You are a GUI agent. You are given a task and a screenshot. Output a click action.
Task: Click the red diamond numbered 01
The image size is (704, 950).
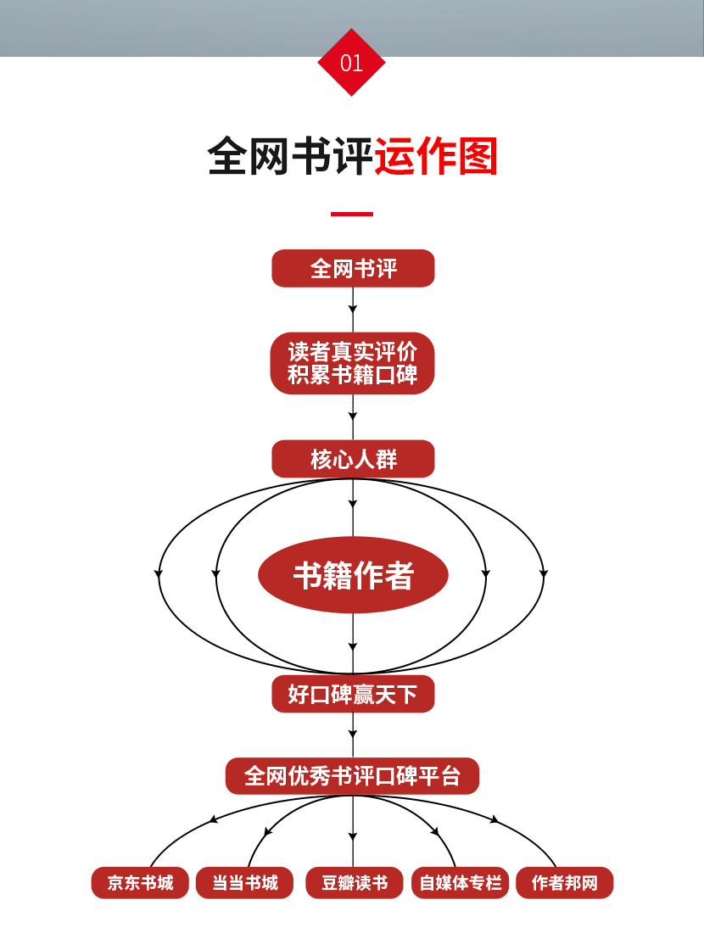(x=351, y=63)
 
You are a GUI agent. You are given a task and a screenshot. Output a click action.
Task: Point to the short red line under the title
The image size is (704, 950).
(x=351, y=214)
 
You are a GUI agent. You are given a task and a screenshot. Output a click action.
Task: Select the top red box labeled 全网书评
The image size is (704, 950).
(x=353, y=269)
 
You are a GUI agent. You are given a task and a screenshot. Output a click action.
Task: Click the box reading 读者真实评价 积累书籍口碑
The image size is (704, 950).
(x=353, y=363)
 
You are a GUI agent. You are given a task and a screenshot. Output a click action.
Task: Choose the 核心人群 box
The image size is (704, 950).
(x=353, y=460)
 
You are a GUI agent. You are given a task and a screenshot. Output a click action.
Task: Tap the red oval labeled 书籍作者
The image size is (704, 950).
(x=353, y=576)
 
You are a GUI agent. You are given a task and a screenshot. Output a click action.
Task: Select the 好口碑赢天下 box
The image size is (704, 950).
(x=353, y=695)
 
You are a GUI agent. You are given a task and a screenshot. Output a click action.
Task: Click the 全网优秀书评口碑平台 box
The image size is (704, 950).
(x=352, y=776)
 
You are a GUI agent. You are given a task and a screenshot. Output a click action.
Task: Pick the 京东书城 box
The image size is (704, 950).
(x=140, y=883)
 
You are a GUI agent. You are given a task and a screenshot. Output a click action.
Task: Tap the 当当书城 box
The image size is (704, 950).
(x=244, y=883)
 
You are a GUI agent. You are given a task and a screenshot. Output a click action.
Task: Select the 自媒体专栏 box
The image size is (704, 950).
(x=460, y=883)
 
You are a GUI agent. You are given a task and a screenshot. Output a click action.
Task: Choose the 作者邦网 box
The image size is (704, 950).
(x=564, y=883)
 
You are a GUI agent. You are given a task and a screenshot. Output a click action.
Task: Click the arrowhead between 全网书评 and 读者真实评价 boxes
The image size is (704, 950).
(x=353, y=309)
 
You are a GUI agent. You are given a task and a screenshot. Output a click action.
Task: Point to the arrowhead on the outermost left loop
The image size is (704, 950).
(x=159, y=574)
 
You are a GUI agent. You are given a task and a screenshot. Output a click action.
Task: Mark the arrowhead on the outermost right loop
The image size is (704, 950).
(x=544, y=574)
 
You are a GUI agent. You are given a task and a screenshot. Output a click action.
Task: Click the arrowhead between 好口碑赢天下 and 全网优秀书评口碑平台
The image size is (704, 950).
(x=353, y=734)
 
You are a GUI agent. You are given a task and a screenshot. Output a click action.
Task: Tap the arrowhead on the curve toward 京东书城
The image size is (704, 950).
(x=213, y=819)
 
